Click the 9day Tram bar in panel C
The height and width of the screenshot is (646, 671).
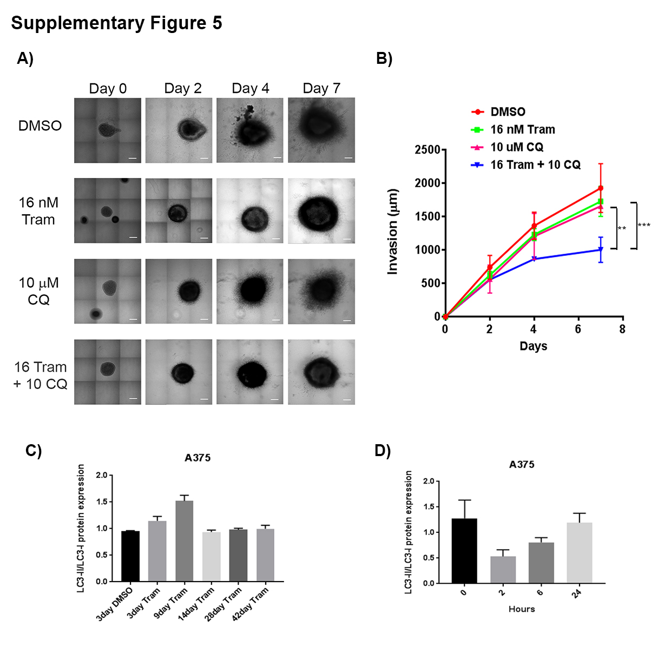click(184, 541)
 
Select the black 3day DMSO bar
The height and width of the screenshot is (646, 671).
click(130, 556)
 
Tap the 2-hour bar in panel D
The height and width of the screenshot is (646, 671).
click(503, 570)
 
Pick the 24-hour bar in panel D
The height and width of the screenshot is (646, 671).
click(580, 553)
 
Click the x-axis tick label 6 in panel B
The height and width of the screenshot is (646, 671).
click(578, 329)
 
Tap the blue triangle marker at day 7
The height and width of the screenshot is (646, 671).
click(601, 249)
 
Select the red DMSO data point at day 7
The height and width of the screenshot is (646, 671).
click(601, 188)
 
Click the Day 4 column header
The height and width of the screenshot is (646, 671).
click(251, 88)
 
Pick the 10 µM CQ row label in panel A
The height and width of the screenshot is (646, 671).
click(38, 291)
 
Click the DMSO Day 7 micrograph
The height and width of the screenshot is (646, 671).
click(321, 130)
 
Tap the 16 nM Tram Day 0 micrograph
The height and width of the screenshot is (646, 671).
click(108, 210)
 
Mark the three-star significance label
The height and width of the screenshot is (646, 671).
click(644, 226)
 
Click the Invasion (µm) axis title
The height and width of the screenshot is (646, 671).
click(393, 232)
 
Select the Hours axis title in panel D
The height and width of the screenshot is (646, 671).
click(522, 609)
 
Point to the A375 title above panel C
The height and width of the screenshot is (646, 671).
click(198, 458)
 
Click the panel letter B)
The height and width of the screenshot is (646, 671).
click(384, 58)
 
